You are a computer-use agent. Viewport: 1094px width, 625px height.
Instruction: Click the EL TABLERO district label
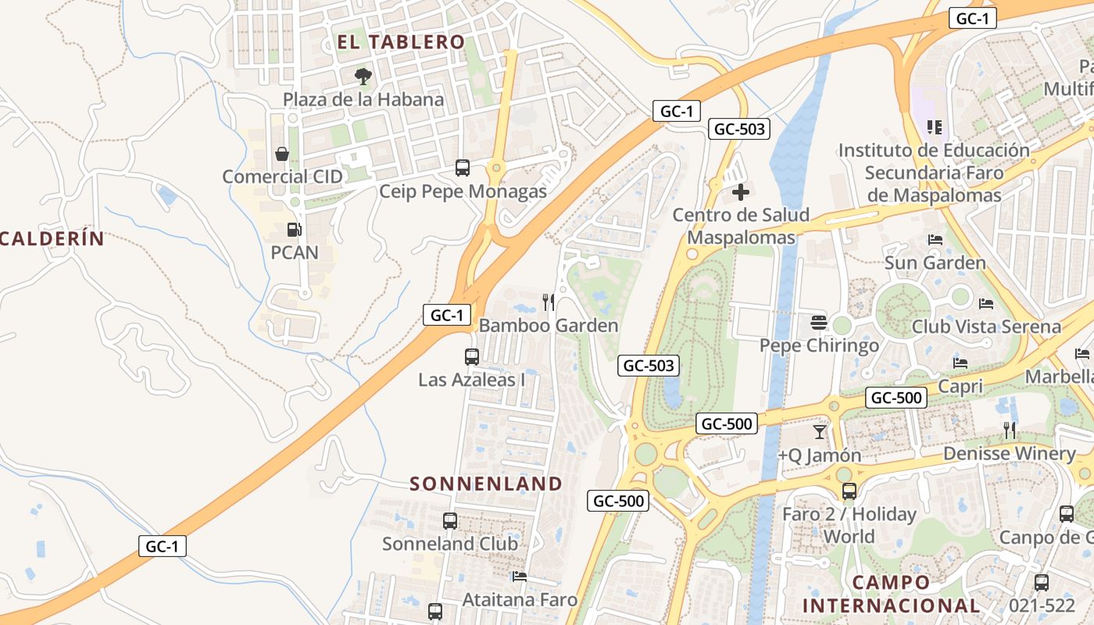click(401, 42)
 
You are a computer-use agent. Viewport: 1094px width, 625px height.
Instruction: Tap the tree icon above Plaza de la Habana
click(363, 77)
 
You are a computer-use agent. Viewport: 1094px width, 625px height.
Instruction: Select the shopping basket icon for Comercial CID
click(282, 154)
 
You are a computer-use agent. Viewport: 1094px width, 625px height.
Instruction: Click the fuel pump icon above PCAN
click(295, 230)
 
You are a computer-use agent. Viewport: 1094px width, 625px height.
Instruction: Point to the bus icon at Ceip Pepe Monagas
click(463, 168)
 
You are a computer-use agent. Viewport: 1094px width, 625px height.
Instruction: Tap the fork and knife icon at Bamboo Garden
click(549, 302)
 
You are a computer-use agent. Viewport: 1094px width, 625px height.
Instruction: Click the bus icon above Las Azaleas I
click(472, 357)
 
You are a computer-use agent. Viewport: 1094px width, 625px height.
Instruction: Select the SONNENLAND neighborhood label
click(486, 484)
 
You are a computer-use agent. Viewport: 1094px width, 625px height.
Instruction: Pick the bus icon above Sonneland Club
click(450, 521)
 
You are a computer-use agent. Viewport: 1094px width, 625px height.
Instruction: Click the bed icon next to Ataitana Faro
click(520, 577)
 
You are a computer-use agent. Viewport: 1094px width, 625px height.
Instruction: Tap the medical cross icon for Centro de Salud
click(741, 192)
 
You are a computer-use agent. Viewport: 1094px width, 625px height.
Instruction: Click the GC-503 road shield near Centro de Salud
click(738, 129)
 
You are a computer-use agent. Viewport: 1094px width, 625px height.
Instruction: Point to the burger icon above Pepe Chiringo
click(819, 323)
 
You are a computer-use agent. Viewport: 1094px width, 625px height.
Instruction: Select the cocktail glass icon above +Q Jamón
click(819, 432)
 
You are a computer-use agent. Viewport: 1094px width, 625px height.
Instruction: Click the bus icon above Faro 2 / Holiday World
click(849, 491)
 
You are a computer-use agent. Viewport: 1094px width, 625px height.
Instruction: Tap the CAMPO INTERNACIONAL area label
click(891, 594)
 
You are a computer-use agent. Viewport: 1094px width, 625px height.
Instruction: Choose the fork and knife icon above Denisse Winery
click(1010, 430)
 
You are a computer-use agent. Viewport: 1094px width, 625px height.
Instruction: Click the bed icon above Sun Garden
click(935, 240)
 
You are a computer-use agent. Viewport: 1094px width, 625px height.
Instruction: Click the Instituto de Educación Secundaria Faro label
click(934, 173)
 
